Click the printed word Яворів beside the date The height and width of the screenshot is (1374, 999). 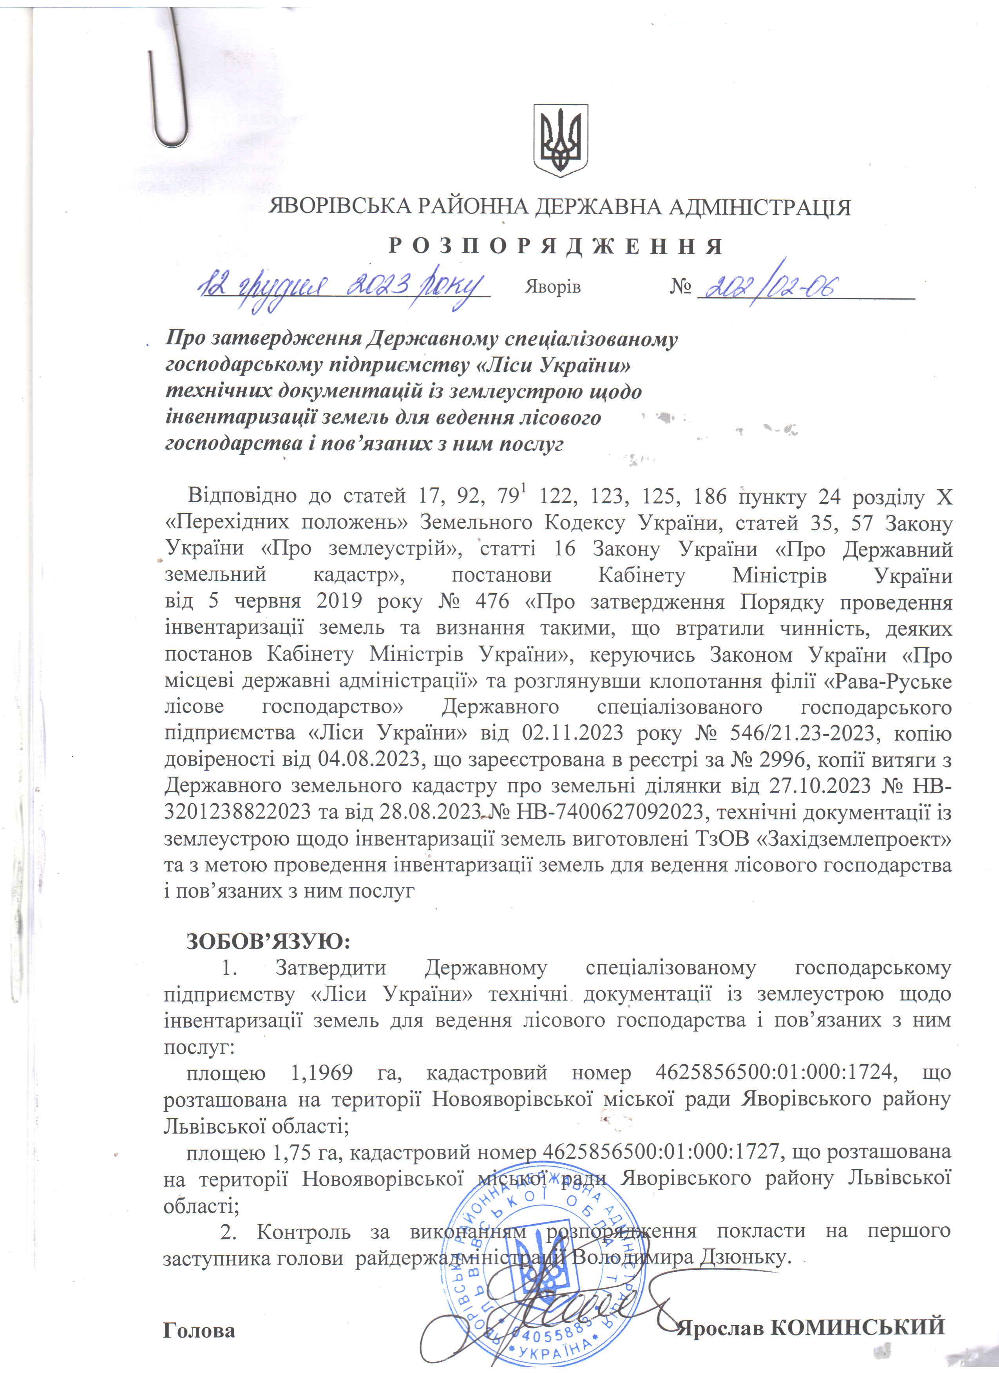(x=552, y=287)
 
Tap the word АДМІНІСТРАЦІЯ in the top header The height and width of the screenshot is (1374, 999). (x=759, y=208)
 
